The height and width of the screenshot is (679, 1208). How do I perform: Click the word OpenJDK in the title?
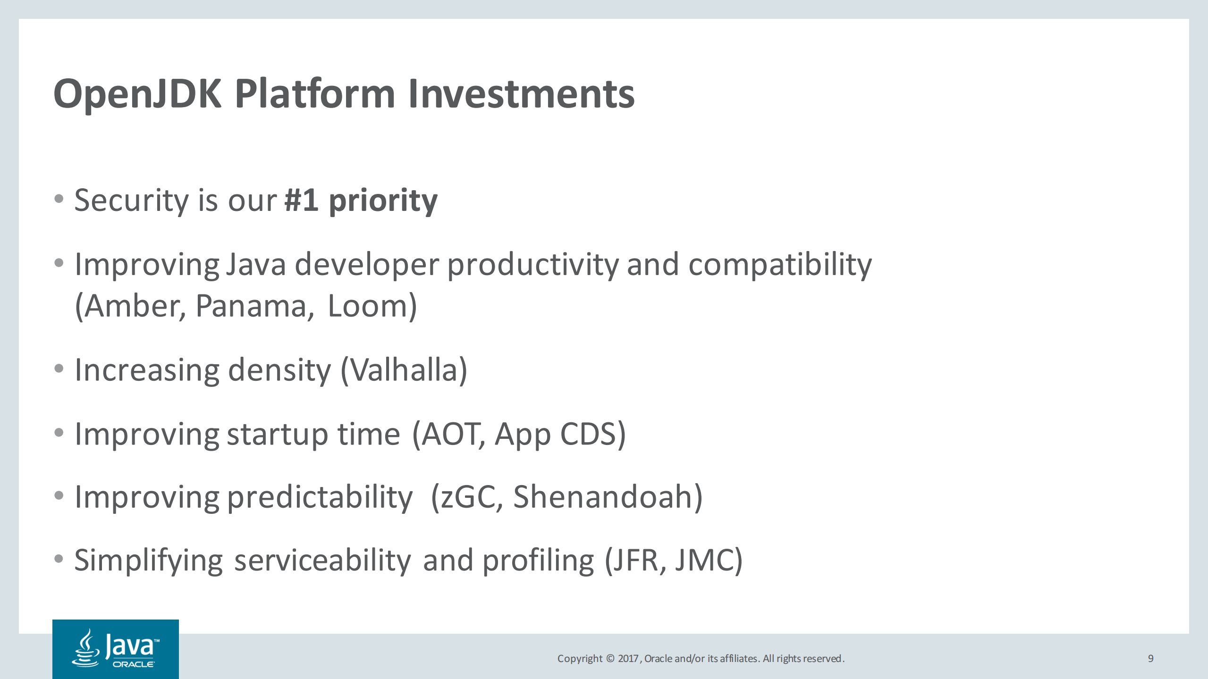pyautogui.click(x=137, y=94)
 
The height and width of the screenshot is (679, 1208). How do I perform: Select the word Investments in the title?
pyautogui.click(x=521, y=94)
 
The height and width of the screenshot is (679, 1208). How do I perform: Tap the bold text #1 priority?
pyautogui.click(x=361, y=201)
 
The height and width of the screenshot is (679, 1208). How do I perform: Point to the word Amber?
pyautogui.click(x=135, y=306)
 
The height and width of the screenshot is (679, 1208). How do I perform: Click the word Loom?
pyautogui.click(x=368, y=306)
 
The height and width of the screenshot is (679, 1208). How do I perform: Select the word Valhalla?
pyautogui.click(x=404, y=370)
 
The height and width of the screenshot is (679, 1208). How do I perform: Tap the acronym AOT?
pyautogui.click(x=451, y=434)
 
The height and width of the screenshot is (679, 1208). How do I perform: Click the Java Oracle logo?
pyautogui.click(x=116, y=649)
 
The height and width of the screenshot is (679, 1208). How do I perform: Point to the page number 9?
pyautogui.click(x=1150, y=658)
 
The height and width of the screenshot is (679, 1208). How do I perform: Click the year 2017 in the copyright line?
pyautogui.click(x=628, y=658)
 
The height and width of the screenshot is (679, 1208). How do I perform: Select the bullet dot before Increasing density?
pyautogui.click(x=59, y=369)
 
